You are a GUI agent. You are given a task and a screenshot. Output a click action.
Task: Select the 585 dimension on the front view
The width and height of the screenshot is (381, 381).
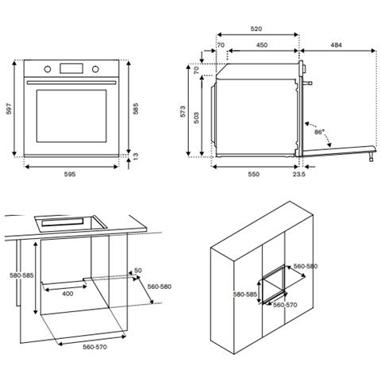click(x=137, y=109)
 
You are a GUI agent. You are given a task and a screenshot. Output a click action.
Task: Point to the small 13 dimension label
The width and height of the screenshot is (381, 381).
click(x=136, y=159)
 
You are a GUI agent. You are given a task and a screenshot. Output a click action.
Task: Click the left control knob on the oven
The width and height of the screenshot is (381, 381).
click(x=47, y=68)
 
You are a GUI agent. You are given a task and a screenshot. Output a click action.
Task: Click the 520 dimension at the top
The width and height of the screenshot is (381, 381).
click(x=256, y=29)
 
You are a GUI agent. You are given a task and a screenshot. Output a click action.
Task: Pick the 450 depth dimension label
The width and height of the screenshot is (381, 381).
click(x=261, y=45)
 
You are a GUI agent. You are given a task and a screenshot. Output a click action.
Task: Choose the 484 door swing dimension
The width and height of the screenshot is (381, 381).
click(x=336, y=45)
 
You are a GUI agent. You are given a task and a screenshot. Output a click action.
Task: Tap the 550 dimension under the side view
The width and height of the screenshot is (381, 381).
click(x=253, y=173)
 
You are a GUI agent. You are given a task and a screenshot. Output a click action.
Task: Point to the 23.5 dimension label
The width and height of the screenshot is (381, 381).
click(x=298, y=173)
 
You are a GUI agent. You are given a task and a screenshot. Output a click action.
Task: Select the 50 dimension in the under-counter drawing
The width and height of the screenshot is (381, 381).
click(x=137, y=271)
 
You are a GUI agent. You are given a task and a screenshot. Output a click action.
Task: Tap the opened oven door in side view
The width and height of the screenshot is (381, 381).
click(x=337, y=149)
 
